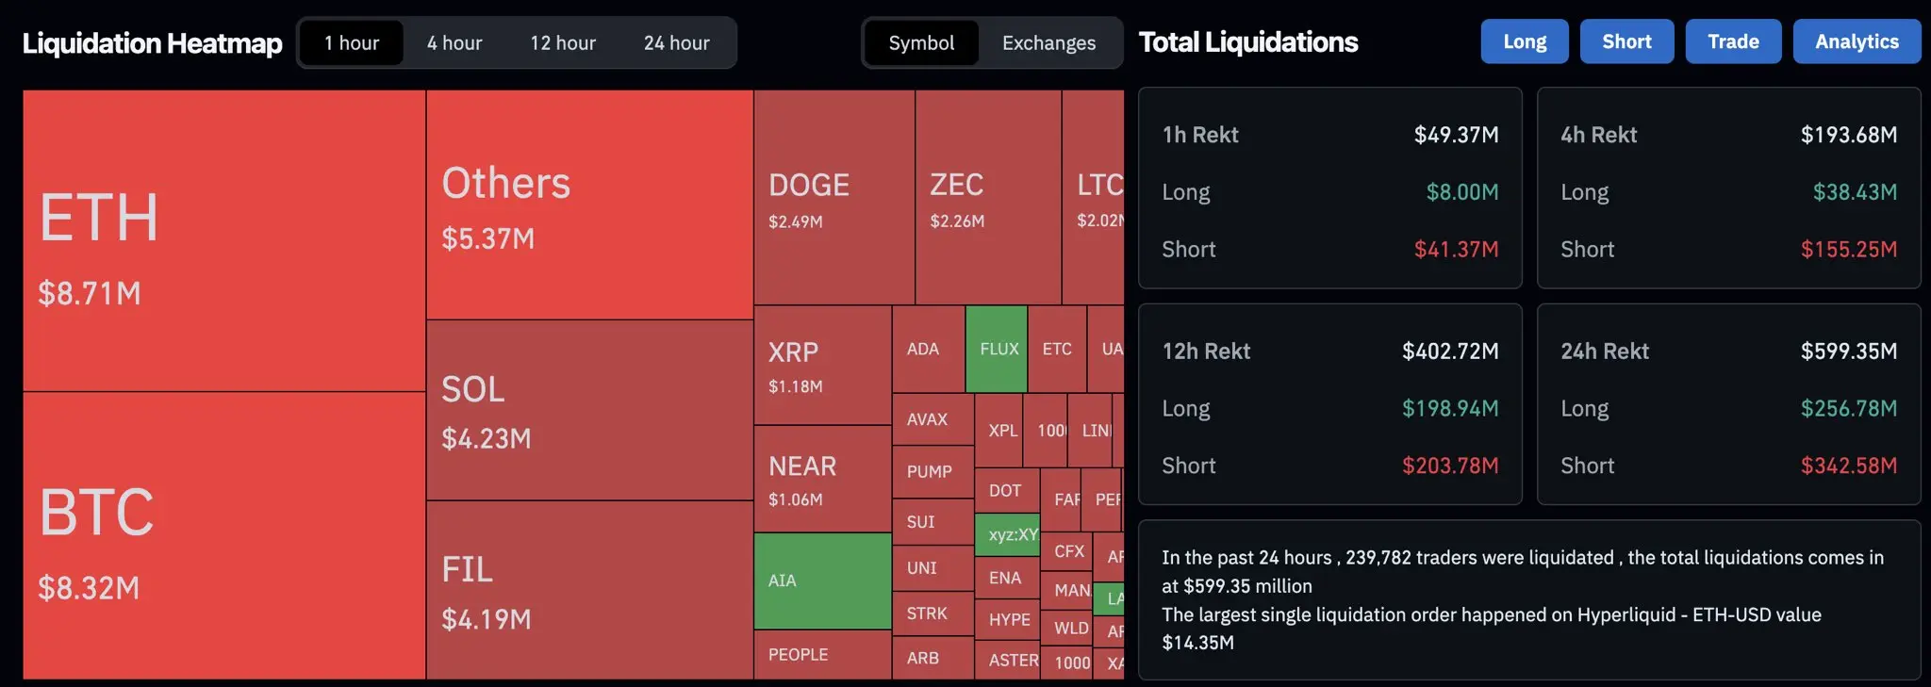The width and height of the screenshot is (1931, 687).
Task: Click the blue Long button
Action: click(1524, 41)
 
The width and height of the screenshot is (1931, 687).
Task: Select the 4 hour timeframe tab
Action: click(454, 43)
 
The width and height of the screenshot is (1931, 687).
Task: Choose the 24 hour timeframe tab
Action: click(676, 43)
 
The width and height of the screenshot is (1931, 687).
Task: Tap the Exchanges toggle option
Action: click(1048, 43)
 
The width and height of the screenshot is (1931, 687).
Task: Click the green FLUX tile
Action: click(997, 349)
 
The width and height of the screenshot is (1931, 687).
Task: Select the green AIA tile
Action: click(822, 581)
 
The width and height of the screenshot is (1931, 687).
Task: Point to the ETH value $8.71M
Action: click(90, 294)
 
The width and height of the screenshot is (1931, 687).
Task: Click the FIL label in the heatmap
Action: click(468, 570)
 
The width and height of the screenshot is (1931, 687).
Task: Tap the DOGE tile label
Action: click(809, 186)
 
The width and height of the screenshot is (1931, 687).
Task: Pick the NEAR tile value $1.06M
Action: click(795, 499)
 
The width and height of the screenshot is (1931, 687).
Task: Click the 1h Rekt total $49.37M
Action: click(1456, 135)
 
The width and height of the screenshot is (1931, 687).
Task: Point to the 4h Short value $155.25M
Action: click(1848, 250)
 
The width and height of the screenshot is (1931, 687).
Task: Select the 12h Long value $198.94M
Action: click(1449, 409)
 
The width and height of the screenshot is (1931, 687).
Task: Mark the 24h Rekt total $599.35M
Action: click(1848, 352)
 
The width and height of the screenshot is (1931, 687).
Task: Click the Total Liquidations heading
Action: click(1248, 42)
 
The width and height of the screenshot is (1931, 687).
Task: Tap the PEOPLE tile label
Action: click(798, 655)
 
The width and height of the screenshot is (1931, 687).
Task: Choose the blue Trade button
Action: click(1733, 41)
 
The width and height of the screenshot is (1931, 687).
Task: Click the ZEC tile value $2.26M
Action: click(957, 221)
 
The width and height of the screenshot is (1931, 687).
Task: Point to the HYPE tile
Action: click(1009, 620)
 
